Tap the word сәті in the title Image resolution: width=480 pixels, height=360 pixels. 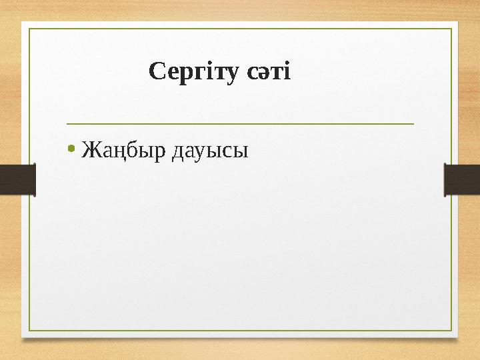(269, 71)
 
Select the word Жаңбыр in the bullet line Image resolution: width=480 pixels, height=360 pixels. (124, 151)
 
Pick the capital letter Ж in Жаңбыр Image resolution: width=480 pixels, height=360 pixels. (89, 151)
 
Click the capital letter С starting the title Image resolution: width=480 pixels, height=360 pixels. (157, 70)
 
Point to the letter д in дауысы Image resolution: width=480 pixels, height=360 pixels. (178, 153)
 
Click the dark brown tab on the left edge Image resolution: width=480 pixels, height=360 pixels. (17, 179)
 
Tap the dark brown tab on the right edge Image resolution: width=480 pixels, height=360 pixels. (462, 179)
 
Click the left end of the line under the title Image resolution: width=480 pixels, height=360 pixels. (67, 123)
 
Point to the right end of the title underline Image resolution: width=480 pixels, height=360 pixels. (413, 123)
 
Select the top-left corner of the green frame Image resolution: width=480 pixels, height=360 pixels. (28, 29)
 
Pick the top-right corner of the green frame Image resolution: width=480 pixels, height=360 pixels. (451, 29)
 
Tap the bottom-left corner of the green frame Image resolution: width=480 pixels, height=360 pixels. (28, 331)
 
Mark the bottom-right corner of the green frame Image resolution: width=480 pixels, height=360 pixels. (451, 331)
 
